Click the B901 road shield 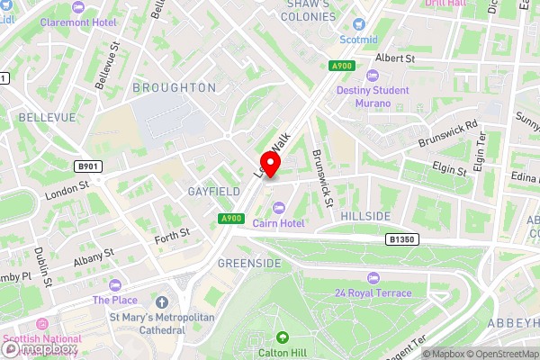click(87, 166)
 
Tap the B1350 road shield click(401, 239)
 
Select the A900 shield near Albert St click(341, 66)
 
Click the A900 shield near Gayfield click(230, 219)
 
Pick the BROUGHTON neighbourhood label click(175, 87)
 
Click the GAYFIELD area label click(213, 192)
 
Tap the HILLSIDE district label click(365, 217)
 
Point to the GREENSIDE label click(249, 263)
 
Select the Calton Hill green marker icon click(283, 337)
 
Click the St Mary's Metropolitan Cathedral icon click(162, 301)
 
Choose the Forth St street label click(172, 233)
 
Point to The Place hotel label click(113, 300)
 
